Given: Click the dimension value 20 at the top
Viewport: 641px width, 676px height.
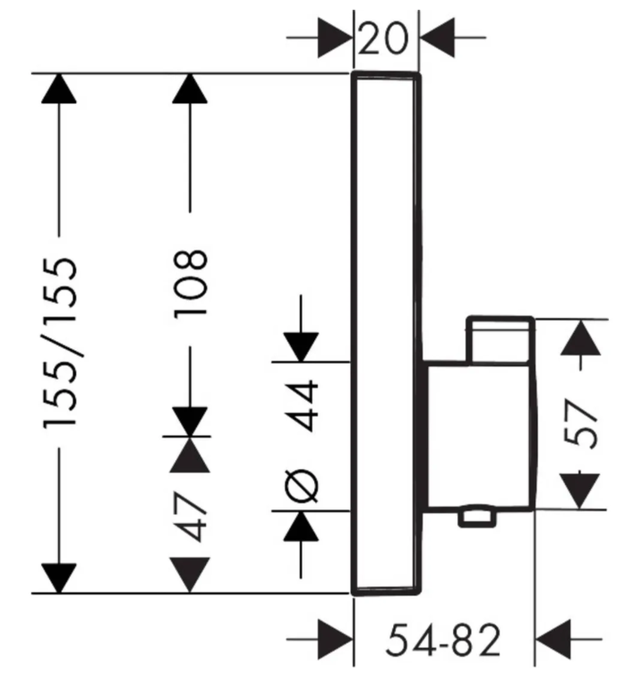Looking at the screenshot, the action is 382,38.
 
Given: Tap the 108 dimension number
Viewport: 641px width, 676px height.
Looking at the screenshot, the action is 190,284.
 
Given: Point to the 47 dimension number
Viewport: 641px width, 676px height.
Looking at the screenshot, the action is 190,517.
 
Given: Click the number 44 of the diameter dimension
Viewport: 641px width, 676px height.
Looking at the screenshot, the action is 302,406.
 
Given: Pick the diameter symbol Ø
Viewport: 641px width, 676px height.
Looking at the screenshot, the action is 302,486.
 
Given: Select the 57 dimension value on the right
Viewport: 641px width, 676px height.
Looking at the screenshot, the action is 581,424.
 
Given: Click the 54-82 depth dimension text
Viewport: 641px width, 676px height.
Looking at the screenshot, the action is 443,640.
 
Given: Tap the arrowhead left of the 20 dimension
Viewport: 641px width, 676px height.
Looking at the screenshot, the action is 335,38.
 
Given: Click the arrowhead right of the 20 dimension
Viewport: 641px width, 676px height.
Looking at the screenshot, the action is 437,38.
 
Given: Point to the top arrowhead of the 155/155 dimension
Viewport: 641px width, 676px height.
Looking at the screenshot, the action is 59,89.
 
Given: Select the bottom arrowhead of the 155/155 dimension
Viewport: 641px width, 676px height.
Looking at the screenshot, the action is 59,578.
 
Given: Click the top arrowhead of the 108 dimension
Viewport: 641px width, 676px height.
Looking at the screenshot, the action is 190,89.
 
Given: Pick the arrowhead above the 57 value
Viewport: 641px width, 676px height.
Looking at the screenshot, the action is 581,338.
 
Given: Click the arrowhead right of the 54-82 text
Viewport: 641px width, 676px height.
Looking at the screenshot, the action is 552,640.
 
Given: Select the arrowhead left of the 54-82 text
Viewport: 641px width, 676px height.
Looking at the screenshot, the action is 335,640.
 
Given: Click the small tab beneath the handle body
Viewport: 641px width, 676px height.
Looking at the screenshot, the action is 476,518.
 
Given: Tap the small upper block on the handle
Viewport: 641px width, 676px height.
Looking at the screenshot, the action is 500,339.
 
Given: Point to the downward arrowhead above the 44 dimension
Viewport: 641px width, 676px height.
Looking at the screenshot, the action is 301,347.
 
